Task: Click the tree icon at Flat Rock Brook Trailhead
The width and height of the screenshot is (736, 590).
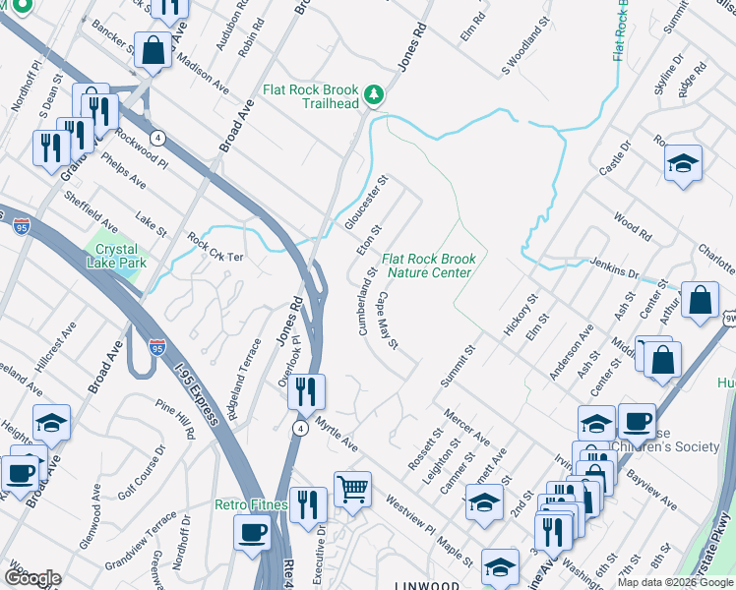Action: click(x=373, y=94)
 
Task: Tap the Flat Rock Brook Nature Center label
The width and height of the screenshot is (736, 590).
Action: click(x=429, y=265)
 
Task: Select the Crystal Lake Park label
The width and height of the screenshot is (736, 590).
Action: click(x=116, y=257)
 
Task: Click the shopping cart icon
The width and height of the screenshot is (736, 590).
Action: click(x=352, y=487)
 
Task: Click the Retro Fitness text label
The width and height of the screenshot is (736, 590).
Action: click(x=251, y=504)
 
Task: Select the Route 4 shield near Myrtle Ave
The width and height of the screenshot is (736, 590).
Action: click(x=298, y=428)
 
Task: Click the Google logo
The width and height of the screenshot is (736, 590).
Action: click(x=32, y=577)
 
